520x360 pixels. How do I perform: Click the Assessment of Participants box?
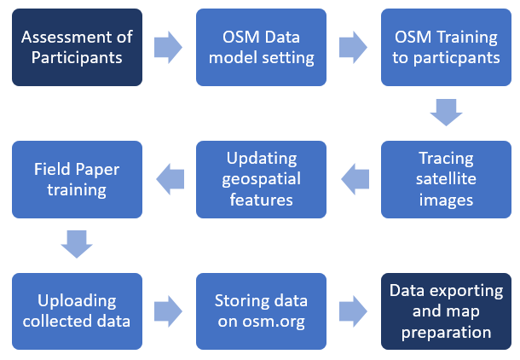pos(77,47)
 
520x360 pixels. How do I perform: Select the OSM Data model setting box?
pos(261,47)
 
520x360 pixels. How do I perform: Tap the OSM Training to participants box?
pos(446,47)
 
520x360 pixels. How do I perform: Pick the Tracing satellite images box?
pos(446,179)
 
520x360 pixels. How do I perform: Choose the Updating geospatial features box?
pos(261,179)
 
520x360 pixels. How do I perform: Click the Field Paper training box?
pos(77,179)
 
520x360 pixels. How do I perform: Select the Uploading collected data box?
pos(77,311)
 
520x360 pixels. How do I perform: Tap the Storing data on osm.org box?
pos(261,311)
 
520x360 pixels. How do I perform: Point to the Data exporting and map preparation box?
pos(446,311)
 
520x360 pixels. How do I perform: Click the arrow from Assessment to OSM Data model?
pos(168,47)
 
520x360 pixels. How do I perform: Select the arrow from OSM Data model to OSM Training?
pos(353,47)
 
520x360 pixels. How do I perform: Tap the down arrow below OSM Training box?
pos(446,113)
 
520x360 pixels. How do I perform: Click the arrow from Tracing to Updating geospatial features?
pos(355,179)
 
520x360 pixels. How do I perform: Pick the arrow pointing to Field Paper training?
pos(170,179)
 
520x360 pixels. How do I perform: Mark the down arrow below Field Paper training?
pos(77,244)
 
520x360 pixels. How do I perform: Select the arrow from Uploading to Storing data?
pos(168,311)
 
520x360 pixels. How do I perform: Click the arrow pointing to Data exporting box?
pos(353,311)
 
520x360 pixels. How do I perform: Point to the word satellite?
pos(446,179)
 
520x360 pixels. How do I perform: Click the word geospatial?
pos(262,179)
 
